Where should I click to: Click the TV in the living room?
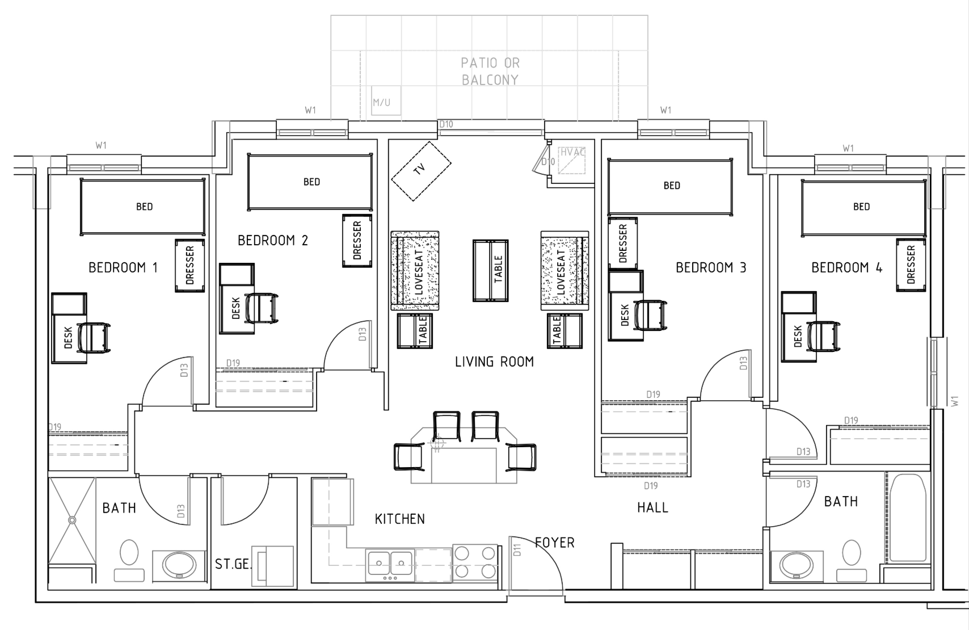tap(420, 170)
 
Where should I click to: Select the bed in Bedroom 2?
tap(310, 182)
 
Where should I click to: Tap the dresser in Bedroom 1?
tap(189, 266)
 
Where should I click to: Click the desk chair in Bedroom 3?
tap(651, 316)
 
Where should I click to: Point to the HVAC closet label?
tap(572, 153)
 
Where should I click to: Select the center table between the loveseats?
tap(490, 270)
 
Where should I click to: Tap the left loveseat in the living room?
tap(414, 270)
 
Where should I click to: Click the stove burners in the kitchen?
tap(475, 561)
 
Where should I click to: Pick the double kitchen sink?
tap(389, 563)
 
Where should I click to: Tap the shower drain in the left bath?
tap(72, 519)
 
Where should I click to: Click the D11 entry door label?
tap(517, 549)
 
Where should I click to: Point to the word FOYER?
tap(555, 543)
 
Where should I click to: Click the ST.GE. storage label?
tap(233, 564)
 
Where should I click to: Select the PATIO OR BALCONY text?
tap(490, 72)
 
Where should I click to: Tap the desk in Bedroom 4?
tap(798, 335)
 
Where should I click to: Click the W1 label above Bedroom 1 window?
tap(100, 146)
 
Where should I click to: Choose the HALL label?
tap(652, 507)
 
